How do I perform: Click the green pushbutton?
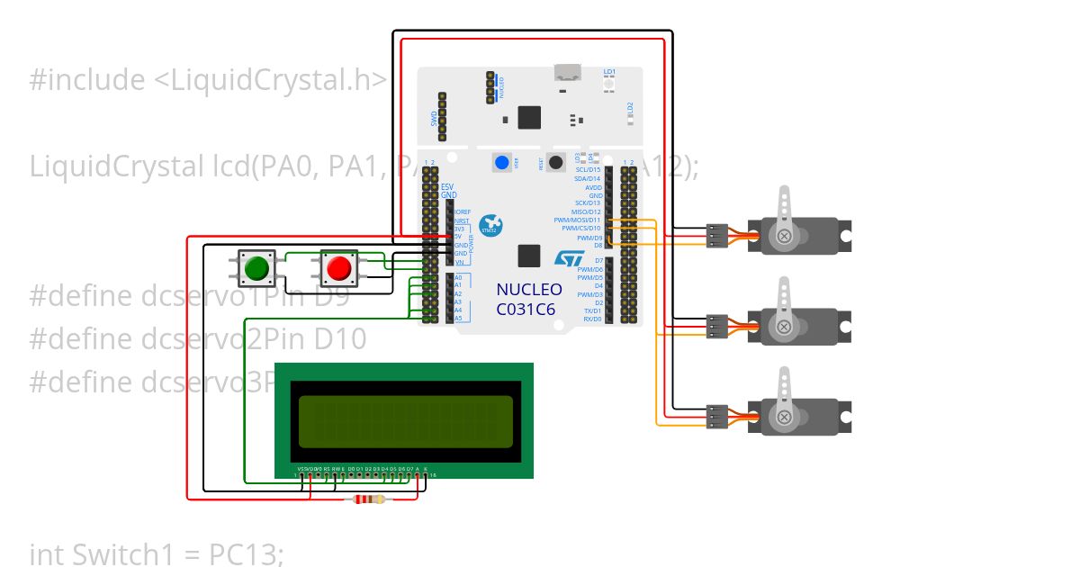click(x=257, y=267)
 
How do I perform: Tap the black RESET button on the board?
click(x=556, y=163)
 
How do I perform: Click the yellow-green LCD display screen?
click(x=404, y=421)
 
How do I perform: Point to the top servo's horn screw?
click(x=785, y=236)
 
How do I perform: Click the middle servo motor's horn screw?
click(x=785, y=326)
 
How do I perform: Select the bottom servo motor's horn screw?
click(x=785, y=417)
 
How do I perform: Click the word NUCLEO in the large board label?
click(x=529, y=290)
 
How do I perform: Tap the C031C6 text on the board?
click(x=526, y=309)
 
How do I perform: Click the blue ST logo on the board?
click(x=569, y=258)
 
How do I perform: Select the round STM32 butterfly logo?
click(x=490, y=226)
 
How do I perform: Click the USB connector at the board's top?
click(x=567, y=73)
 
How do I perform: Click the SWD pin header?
click(x=442, y=116)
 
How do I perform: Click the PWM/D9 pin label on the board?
click(x=589, y=238)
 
